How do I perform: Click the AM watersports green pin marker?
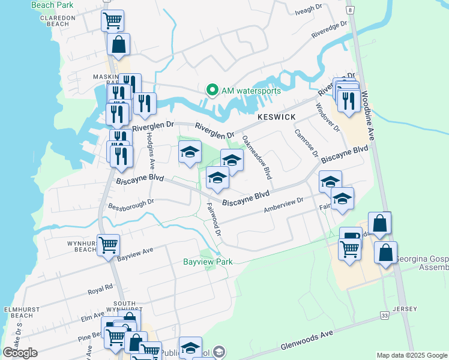tap(212, 91)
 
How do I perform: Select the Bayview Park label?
tap(208, 262)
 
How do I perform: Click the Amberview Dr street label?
tap(285, 206)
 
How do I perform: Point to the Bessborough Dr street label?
tap(131, 205)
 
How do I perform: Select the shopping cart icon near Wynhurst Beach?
tap(108, 244)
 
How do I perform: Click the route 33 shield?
tap(384, 314)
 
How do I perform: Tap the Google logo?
tap(20, 353)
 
